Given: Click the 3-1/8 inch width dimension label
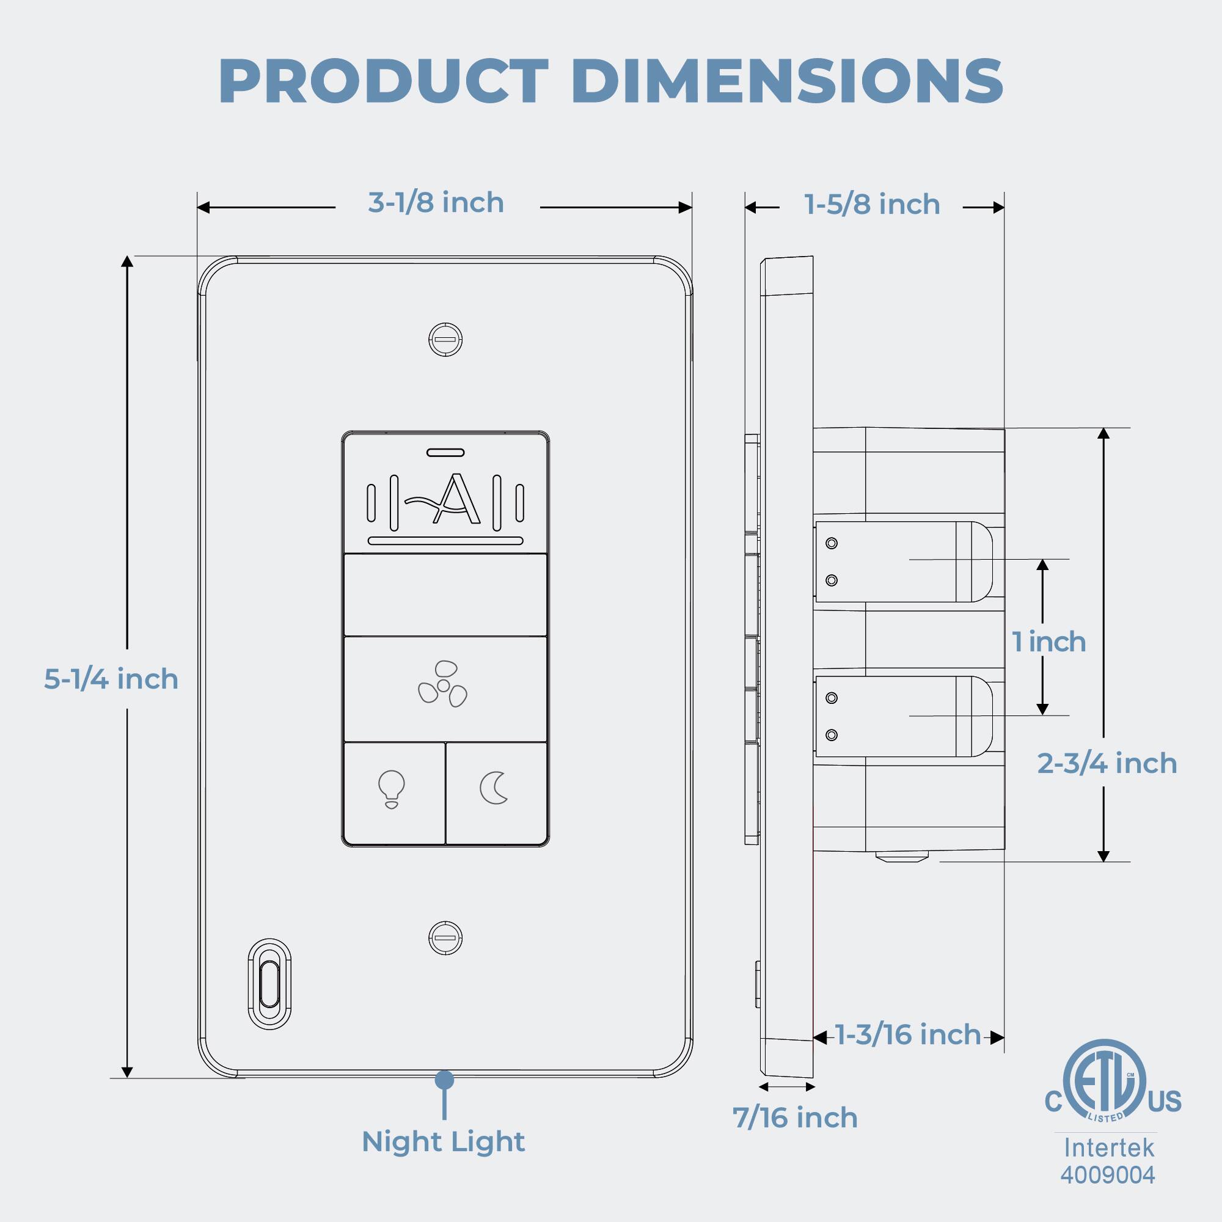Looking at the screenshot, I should (436, 203).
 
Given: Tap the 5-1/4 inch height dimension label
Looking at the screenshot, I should (111, 679).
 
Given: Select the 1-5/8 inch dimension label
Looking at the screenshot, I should (873, 205).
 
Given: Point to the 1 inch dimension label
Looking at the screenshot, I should (1049, 642).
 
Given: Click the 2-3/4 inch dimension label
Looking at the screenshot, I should (1107, 763).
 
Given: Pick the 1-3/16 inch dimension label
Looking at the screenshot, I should (909, 1035).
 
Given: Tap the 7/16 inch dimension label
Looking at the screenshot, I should (795, 1118).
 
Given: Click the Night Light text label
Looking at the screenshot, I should (444, 1142).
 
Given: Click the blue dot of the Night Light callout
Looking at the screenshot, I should (445, 1080).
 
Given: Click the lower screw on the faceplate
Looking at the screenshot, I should (446, 938).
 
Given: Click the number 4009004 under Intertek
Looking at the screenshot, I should (1108, 1174).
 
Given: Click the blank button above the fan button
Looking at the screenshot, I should (445, 595).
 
